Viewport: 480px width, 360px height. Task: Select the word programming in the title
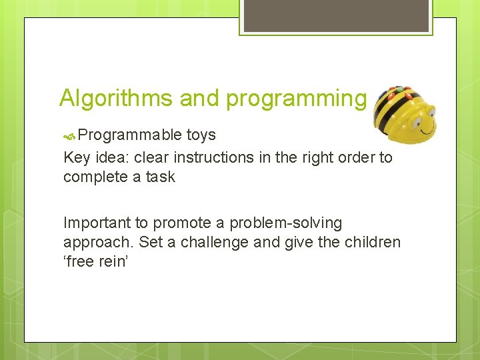pos(296,98)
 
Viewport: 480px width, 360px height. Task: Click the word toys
pos(201,135)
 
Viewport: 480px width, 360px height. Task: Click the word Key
pos(77,158)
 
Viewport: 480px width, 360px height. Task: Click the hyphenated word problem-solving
pos(285,223)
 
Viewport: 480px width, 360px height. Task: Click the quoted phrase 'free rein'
pos(95,261)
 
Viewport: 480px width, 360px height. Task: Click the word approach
pos(94,242)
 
